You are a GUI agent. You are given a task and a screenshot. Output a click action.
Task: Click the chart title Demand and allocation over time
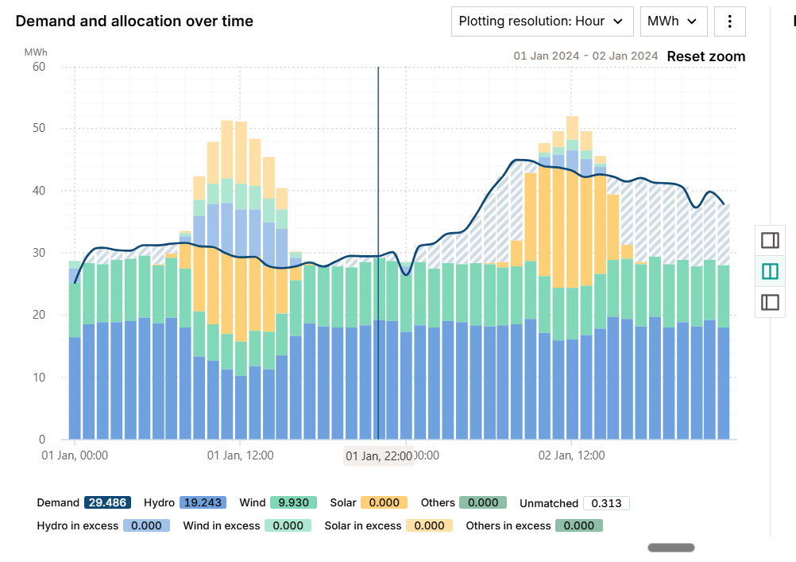point(134,21)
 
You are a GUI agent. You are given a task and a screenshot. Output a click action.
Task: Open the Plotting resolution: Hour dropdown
point(542,21)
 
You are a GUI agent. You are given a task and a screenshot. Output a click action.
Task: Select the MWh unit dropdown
point(674,21)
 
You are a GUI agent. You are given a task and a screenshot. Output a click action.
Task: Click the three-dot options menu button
point(730,21)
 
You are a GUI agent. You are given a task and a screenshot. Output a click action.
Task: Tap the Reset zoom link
point(705,56)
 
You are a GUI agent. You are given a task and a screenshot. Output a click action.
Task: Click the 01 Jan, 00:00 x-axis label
point(75,455)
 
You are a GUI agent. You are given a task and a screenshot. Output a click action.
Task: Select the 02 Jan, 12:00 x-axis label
point(571,455)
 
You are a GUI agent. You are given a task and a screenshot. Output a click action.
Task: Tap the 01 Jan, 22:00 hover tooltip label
point(378,455)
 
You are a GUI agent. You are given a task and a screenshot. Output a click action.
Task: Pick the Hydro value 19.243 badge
point(203,502)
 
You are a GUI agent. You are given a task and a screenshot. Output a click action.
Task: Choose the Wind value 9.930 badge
point(293,502)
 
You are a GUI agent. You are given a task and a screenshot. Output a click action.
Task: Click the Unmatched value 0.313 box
point(606,502)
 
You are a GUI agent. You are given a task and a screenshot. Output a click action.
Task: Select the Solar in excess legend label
point(362,525)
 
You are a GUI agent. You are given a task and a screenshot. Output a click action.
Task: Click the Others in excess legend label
point(508,525)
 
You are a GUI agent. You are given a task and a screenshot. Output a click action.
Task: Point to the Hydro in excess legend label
point(77,525)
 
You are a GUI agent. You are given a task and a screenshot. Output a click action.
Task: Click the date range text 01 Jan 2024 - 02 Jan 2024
point(585,56)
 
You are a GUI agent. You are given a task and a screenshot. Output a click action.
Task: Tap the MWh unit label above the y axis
point(36,52)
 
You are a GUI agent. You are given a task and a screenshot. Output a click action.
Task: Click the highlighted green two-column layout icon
point(770,271)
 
